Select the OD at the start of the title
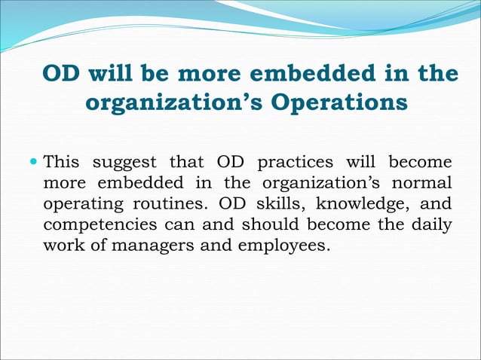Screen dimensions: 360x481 63,74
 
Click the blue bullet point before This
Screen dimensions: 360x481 33,163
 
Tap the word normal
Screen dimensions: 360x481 425,183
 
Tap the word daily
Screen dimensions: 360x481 432,224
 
